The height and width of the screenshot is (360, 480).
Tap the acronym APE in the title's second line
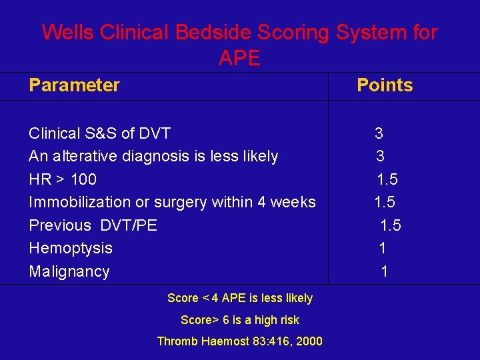239,59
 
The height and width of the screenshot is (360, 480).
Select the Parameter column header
74,85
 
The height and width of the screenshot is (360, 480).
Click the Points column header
385,85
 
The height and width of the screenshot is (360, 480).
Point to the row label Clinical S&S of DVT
100,133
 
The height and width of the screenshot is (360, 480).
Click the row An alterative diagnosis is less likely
153,156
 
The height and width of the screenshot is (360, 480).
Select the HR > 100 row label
63,179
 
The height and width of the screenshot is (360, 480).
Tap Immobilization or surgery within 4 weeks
172,202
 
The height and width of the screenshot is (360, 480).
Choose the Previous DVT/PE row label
93,225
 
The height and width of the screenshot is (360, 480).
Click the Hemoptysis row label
71,248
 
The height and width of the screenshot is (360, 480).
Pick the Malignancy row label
69,271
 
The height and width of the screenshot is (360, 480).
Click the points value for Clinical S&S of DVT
379,133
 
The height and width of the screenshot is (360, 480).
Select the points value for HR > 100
387,179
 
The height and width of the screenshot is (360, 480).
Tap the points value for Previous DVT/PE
390,225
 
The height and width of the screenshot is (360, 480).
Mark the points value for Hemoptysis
382,248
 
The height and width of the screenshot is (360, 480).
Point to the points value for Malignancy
384,271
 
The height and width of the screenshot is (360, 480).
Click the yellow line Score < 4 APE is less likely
240,298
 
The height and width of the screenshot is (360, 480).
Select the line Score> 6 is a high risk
240,320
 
